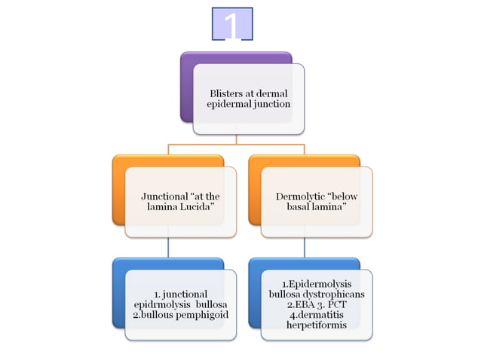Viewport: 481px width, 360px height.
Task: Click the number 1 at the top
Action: coord(233,24)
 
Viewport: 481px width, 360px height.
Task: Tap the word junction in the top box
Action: coord(271,104)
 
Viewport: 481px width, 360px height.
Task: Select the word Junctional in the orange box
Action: coord(165,196)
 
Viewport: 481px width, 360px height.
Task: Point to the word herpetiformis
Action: coord(317,325)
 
